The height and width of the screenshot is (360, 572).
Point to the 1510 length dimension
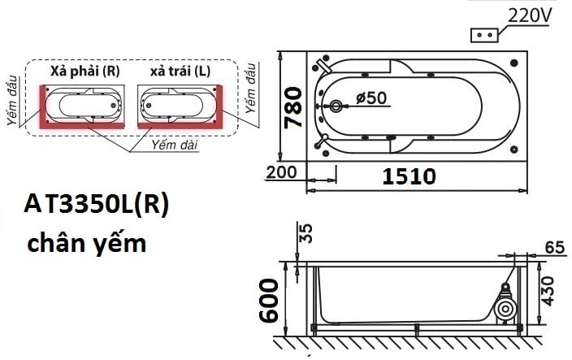tap(409, 176)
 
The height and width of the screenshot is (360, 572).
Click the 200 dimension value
tap(281, 173)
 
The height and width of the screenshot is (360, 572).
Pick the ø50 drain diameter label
tap(371, 98)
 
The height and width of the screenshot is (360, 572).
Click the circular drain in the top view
tap(337, 106)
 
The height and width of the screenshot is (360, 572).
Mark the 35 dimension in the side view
tap(305, 234)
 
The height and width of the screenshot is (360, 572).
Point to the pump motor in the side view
tap(505, 308)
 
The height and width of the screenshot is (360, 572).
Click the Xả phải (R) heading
tap(84, 72)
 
